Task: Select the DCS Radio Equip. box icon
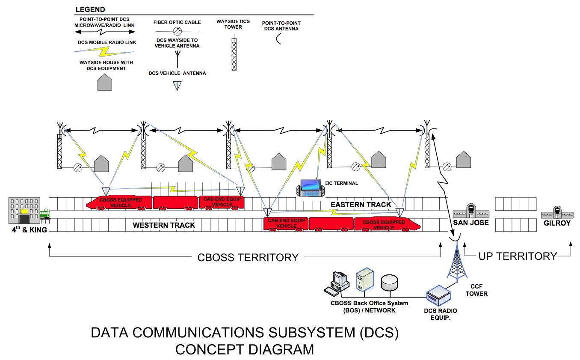[439, 295]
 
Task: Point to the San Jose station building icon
[471, 210]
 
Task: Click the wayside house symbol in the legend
[104, 82]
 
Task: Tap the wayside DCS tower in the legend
[234, 54]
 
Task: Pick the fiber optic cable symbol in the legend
[177, 31]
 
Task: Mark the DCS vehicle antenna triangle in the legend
[177, 85]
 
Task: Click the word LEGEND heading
[90, 9]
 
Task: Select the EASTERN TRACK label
[361, 205]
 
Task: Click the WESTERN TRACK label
[164, 225]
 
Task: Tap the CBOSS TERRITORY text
[248, 257]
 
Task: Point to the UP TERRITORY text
[517, 256]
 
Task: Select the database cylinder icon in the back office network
[389, 281]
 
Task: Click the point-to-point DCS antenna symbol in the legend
[279, 39]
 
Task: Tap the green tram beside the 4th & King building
[44, 214]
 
